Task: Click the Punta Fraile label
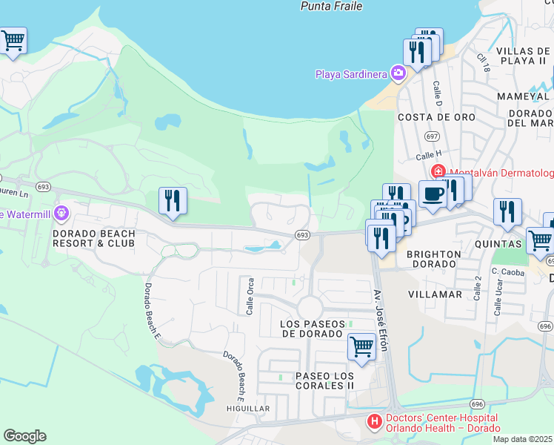click(331, 6)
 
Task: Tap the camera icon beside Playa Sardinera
click(398, 73)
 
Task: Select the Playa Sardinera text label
click(353, 73)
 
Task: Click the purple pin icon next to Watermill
click(61, 214)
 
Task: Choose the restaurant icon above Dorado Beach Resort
click(173, 200)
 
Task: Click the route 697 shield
click(433, 136)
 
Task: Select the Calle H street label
click(427, 156)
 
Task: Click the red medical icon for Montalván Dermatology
click(438, 172)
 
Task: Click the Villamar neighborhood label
click(435, 294)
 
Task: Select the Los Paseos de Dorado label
click(313, 329)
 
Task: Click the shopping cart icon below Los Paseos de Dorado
click(361, 345)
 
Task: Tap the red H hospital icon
click(375, 422)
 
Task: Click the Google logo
click(24, 436)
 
